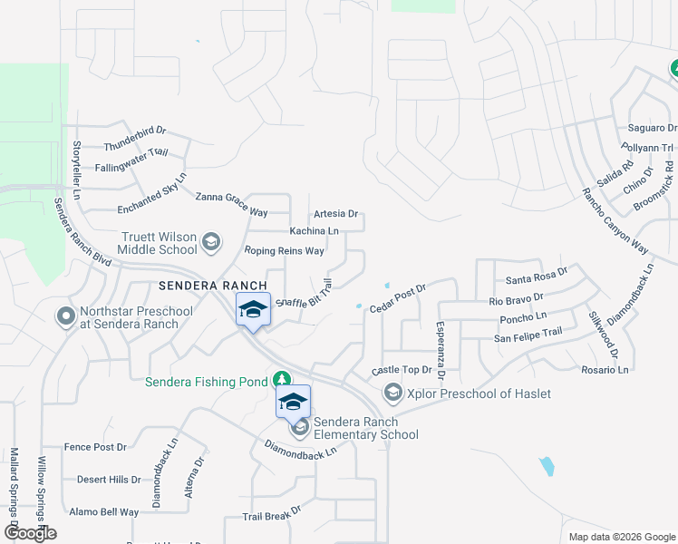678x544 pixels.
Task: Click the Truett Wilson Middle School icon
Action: pyautogui.click(x=211, y=241)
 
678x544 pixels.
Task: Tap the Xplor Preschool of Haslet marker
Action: pyautogui.click(x=392, y=392)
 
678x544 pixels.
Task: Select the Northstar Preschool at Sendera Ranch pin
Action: pyautogui.click(x=65, y=316)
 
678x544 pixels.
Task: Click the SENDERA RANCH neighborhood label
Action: pyautogui.click(x=213, y=285)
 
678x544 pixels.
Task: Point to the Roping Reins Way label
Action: pyautogui.click(x=284, y=250)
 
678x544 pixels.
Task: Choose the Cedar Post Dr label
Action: pyautogui.click(x=397, y=297)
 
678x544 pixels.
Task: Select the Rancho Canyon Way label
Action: pyautogui.click(x=615, y=222)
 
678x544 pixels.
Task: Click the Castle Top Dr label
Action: pyautogui.click(x=402, y=370)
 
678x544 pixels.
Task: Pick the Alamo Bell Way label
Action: pyautogui.click(x=104, y=512)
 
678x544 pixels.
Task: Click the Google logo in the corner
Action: pyautogui.click(x=29, y=533)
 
